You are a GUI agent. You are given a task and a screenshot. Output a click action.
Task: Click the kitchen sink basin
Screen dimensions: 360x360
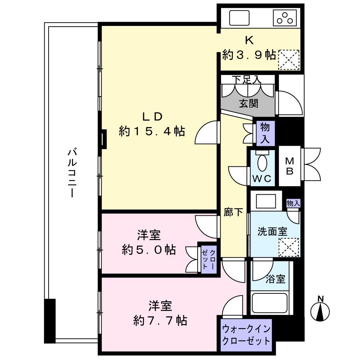pyautogui.click(x=239, y=18)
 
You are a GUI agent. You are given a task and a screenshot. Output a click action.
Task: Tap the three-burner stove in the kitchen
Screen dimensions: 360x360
pyautogui.click(x=285, y=18)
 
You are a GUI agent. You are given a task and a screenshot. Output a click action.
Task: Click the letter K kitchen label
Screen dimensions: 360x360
pyautogui.click(x=249, y=40)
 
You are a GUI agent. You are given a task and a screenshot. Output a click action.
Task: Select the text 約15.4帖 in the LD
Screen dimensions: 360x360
pyautogui.click(x=152, y=131)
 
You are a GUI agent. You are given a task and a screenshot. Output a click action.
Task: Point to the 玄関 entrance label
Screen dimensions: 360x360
pyautogui.click(x=249, y=104)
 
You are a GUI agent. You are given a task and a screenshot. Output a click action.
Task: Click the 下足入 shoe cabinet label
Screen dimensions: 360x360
pyautogui.click(x=247, y=80)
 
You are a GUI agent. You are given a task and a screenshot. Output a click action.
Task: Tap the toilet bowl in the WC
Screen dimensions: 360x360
pyautogui.click(x=262, y=163)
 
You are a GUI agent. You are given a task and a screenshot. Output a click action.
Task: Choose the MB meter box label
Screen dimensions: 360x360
pyautogui.click(x=290, y=166)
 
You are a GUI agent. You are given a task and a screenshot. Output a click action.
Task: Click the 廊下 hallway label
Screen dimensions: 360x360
pyautogui.click(x=233, y=212)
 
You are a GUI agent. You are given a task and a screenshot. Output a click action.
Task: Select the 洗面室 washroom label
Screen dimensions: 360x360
pyautogui.click(x=272, y=231)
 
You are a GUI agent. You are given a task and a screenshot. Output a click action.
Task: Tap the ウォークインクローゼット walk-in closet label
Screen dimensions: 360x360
pyautogui.click(x=246, y=335)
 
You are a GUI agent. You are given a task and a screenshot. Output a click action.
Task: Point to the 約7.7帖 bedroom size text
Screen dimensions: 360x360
pyautogui.click(x=160, y=320)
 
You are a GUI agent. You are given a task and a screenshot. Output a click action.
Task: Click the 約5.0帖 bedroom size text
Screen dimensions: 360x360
pyautogui.click(x=149, y=249)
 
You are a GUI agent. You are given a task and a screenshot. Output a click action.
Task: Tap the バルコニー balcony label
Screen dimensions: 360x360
pyautogui.click(x=72, y=174)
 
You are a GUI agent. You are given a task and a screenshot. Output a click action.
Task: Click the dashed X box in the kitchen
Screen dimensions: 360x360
pyautogui.click(x=289, y=60)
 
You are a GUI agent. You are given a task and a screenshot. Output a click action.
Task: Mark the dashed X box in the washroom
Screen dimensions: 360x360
pyautogui.click(x=289, y=248)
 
